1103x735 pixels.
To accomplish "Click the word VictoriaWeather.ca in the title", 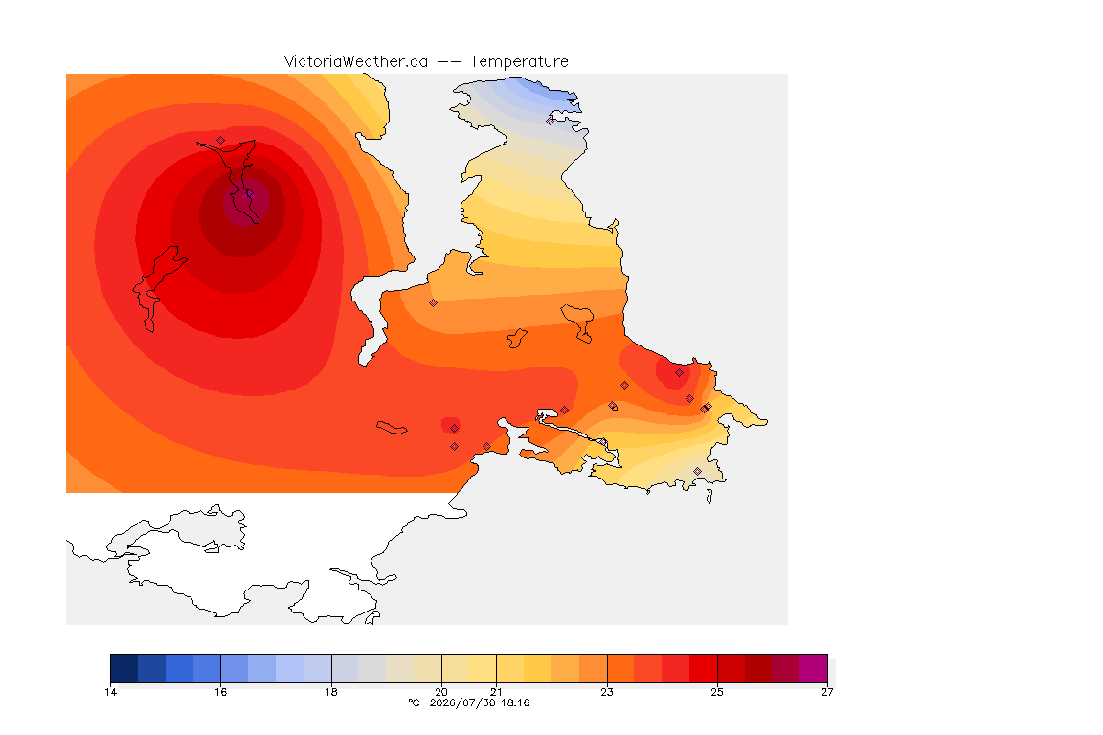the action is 356,62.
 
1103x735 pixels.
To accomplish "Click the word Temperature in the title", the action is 519,62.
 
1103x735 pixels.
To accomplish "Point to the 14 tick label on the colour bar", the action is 110,692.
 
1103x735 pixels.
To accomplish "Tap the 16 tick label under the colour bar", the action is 221,692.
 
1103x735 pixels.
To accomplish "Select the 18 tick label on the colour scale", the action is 331,692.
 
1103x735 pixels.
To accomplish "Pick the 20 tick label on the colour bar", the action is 441,692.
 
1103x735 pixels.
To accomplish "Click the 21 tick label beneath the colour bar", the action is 497,692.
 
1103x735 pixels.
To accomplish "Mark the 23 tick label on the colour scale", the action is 607,692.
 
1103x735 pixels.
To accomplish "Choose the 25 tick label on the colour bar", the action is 717,692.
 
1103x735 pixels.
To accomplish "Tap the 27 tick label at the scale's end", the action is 827,692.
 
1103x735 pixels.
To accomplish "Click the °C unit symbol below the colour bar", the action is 414,702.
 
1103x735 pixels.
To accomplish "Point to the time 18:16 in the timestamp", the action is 515,702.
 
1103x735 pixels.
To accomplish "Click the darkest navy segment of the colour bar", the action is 124,668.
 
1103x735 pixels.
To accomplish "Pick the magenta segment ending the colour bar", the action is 813,668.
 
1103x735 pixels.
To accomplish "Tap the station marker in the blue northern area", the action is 551,121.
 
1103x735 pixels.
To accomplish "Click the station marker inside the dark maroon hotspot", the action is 248,193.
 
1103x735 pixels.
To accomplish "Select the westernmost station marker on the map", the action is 221,141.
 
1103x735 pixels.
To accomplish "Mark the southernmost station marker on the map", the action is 697,471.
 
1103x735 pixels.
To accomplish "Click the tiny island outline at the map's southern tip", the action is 709,497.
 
